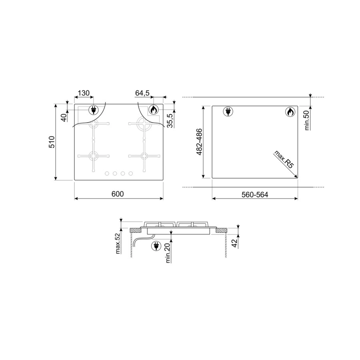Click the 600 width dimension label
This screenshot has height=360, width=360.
pyautogui.click(x=118, y=194)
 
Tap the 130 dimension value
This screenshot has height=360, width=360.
pyautogui.click(x=83, y=93)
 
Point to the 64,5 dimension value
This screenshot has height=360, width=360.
pyautogui.click(x=142, y=93)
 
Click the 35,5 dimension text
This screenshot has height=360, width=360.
pyautogui.click(x=170, y=120)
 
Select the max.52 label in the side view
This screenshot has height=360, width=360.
pyautogui.click(x=118, y=243)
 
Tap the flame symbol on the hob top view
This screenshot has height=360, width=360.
pyautogui.click(x=153, y=110)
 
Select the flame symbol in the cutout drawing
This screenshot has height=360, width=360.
pyautogui.click(x=290, y=112)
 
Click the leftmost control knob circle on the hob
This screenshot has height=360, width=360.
pyautogui.click(x=107, y=173)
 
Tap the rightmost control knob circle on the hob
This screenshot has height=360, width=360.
pyautogui.click(x=130, y=173)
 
